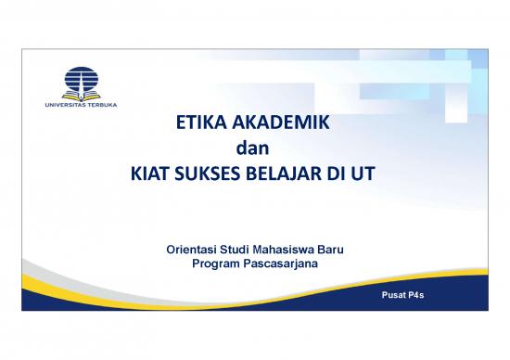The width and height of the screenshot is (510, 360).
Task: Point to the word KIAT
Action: coord(146,172)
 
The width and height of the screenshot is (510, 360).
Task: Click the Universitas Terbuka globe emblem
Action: coord(82,80)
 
